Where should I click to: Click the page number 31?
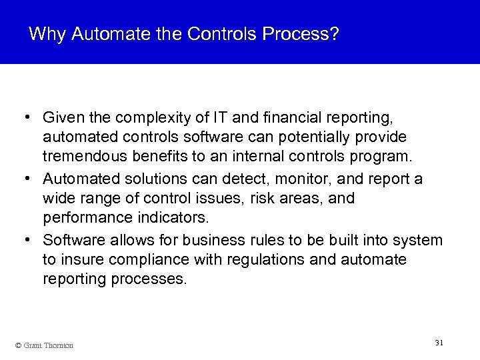[x=439, y=342]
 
